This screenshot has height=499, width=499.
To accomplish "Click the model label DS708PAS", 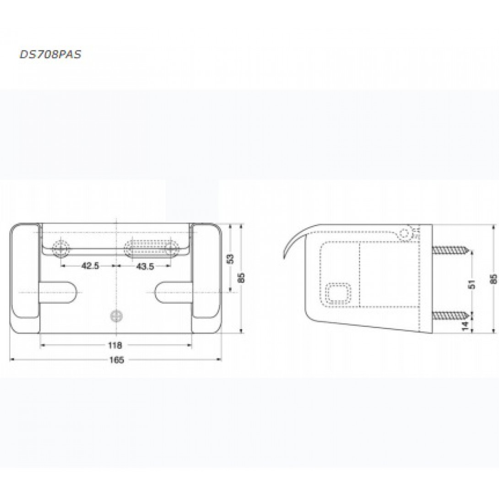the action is tap(50, 54).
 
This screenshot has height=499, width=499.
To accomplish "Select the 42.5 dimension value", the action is tap(90, 266).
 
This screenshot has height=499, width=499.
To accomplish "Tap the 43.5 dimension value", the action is tap(145, 266).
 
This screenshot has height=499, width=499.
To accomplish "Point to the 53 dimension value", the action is tap(231, 258).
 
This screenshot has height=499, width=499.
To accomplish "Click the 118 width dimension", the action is tap(115, 345).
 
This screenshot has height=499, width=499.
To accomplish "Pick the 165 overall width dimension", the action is tap(117, 360).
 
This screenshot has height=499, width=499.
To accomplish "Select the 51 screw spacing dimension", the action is tap(472, 284).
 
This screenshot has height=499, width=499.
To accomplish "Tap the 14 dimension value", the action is tap(465, 325).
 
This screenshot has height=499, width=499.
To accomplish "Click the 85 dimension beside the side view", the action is tap(493, 279).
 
